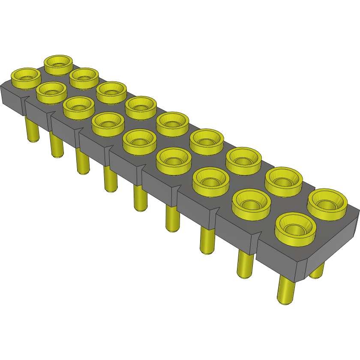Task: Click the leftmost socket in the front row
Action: coord(25,78)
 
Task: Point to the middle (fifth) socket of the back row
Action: coord(172,123)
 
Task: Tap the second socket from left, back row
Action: coord(84,78)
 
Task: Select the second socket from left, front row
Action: coord(51,92)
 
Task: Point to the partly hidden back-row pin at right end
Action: coord(317,270)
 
